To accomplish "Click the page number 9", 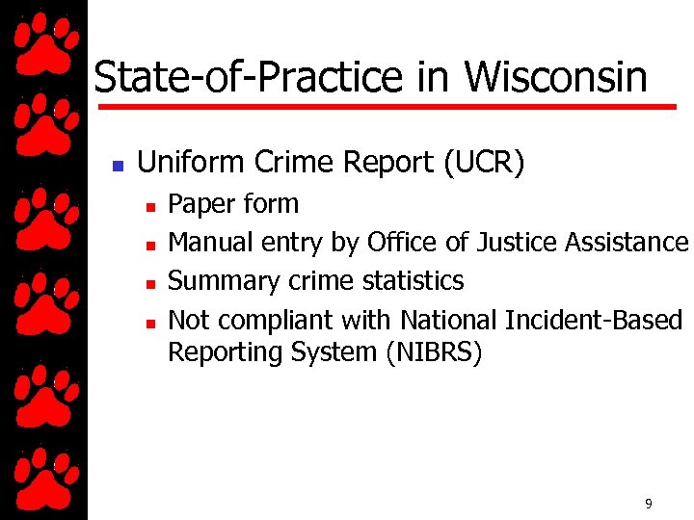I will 649,504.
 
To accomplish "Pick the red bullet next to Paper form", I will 150,206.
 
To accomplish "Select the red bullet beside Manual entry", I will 150,245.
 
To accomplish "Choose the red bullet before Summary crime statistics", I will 150,283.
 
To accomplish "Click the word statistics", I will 414,281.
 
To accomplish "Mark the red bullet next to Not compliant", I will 150,322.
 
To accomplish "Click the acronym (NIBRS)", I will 434,352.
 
